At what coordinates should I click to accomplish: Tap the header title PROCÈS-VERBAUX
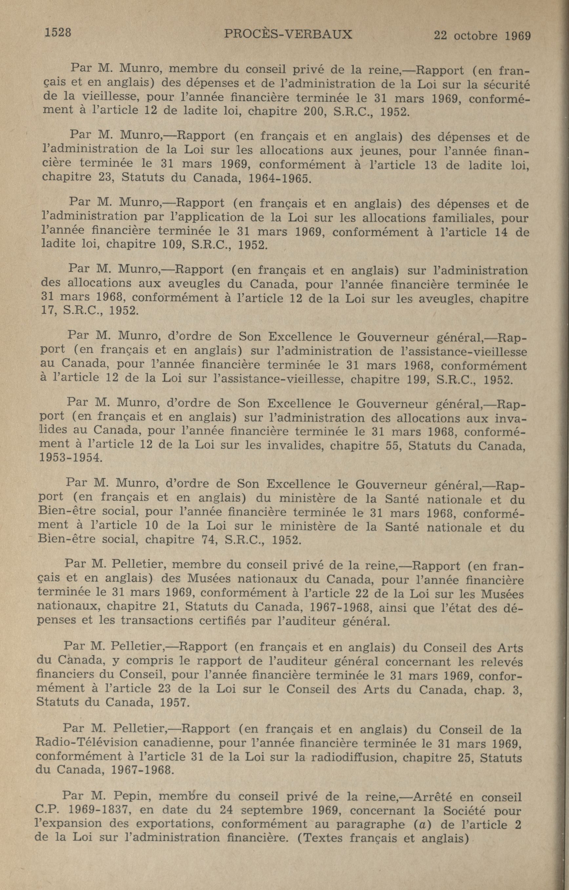(x=288, y=34)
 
